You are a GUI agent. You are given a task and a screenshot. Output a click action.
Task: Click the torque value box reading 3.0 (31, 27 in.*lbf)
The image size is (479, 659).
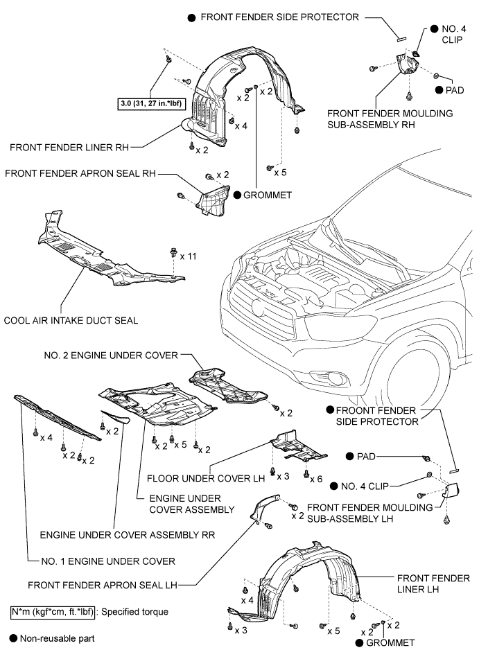[x=154, y=104]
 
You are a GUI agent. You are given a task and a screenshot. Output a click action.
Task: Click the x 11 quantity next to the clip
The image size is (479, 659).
[x=188, y=256]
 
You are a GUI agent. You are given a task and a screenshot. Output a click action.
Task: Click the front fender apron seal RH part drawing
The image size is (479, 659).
[x=214, y=197]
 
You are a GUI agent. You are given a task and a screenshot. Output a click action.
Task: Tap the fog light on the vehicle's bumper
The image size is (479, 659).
[x=341, y=378]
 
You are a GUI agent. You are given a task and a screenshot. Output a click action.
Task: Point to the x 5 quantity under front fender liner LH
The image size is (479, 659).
[x=333, y=631]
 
